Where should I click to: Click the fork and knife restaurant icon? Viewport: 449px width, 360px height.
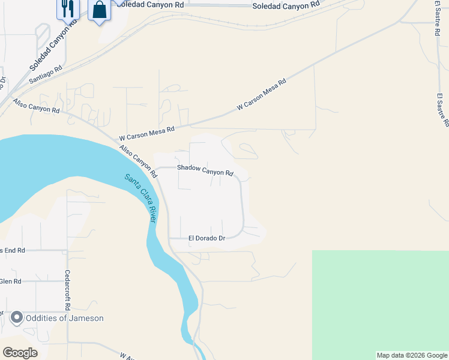pyautogui.click(x=68, y=8)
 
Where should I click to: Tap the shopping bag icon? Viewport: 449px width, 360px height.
pyautogui.click(x=100, y=10)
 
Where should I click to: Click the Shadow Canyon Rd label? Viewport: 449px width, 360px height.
pyautogui.click(x=205, y=170)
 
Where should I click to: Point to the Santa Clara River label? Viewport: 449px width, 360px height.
pyautogui.click(x=141, y=198)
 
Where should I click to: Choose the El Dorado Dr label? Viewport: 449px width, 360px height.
pyautogui.click(x=206, y=238)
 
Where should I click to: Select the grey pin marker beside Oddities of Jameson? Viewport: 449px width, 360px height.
pyautogui.click(x=16, y=317)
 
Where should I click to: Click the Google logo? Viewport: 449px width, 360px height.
pyautogui.click(x=20, y=353)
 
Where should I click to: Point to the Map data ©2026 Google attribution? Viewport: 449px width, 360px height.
pyautogui.click(x=412, y=355)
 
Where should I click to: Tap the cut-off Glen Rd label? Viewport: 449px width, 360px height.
pyautogui.click(x=11, y=281)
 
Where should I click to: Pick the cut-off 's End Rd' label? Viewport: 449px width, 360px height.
pyautogui.click(x=12, y=250)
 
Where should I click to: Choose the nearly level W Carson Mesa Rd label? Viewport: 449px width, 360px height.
pyautogui.click(x=146, y=130)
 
